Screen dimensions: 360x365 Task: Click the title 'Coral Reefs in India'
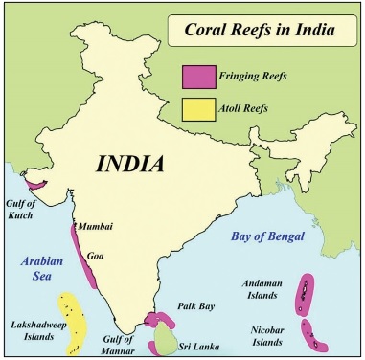click(257, 31)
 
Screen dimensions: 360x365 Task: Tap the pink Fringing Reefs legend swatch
click(198, 75)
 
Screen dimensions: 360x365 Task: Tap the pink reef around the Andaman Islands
click(306, 293)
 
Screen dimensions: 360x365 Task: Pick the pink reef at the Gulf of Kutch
click(38, 181)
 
